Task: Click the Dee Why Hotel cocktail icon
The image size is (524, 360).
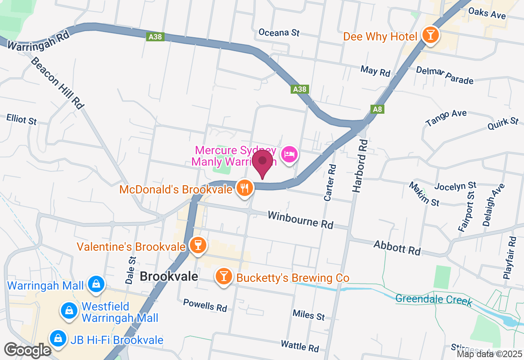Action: pyautogui.click(x=430, y=35)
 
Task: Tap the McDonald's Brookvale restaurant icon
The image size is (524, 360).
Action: pyautogui.click(x=245, y=188)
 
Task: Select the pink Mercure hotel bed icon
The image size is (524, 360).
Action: pyautogui.click(x=289, y=155)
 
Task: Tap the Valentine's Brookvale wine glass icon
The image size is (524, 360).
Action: pyautogui.click(x=198, y=245)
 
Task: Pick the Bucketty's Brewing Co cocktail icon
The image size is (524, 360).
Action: pyautogui.click(x=224, y=277)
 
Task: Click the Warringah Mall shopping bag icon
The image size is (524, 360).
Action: pyautogui.click(x=96, y=283)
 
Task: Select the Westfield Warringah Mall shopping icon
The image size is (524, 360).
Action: pyautogui.click(x=69, y=311)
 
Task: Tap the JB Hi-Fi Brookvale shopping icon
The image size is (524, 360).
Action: pyautogui.click(x=58, y=338)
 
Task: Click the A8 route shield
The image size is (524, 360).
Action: pyautogui.click(x=377, y=109)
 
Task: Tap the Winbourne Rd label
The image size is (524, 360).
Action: pyautogui.click(x=300, y=220)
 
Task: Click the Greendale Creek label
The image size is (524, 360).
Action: pyautogui.click(x=434, y=300)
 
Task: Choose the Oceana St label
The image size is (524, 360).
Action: pyautogui.click(x=279, y=32)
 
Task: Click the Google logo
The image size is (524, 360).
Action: pyautogui.click(x=27, y=350)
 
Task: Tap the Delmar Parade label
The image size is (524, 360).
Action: pyautogui.click(x=445, y=75)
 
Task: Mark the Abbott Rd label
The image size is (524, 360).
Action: pyautogui.click(x=397, y=248)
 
